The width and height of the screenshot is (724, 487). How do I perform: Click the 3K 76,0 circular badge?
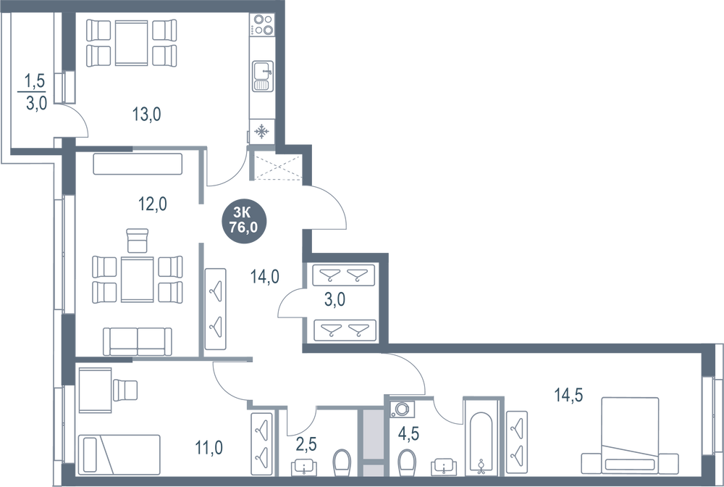pyautogui.click(x=244, y=220)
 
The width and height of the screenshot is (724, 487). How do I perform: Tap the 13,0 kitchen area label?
pyautogui.click(x=147, y=114)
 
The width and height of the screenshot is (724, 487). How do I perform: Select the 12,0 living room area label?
pyautogui.click(x=153, y=204)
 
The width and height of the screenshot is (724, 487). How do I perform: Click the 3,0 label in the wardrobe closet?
pyautogui.click(x=334, y=299)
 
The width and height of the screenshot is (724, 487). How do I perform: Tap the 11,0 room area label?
pyautogui.click(x=209, y=448)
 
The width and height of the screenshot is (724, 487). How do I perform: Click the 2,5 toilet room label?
pyautogui.click(x=306, y=445)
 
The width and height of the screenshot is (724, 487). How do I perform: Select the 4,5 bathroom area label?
pyautogui.click(x=408, y=434)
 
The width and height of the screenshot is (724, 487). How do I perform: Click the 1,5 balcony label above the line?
pyautogui.click(x=34, y=82)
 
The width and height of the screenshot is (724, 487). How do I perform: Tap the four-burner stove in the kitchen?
pyautogui.click(x=262, y=25)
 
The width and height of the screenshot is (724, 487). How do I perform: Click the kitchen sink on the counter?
pyautogui.click(x=263, y=76)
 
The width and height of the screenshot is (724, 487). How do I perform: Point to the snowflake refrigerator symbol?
pyautogui.click(x=262, y=132)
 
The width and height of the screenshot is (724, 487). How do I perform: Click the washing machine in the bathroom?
pyautogui.click(x=402, y=409)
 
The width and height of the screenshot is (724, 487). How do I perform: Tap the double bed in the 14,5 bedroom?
pyautogui.click(x=630, y=435)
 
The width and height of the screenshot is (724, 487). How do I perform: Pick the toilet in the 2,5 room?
pyautogui.click(x=342, y=461)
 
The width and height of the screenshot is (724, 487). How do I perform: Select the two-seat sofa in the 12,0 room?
pyautogui.click(x=138, y=342)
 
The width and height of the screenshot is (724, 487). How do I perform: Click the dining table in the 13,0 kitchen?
pyautogui.click(x=132, y=43)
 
